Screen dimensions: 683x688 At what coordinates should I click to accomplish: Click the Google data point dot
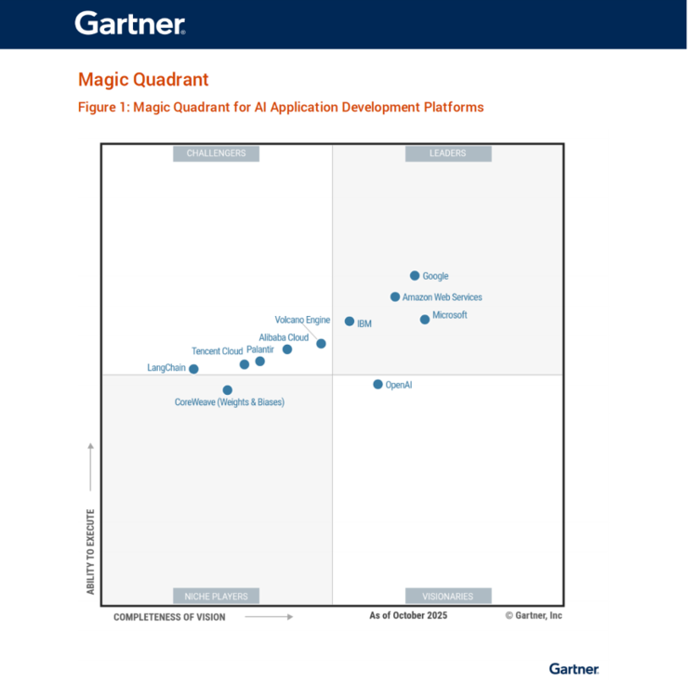coord(415,276)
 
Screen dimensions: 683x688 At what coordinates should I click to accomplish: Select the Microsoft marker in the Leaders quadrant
coord(425,320)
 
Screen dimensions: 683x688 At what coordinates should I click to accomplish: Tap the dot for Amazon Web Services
coord(395,297)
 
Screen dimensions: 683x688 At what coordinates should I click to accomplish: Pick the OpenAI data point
coord(377,385)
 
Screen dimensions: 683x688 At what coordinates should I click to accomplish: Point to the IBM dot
coord(350,322)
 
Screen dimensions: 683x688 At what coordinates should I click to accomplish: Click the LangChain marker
coord(193,369)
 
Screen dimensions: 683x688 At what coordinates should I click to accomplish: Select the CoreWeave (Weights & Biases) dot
coord(228,390)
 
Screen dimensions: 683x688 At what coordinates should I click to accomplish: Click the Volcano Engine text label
coord(302,320)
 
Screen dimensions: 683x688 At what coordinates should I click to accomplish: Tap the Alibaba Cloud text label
coord(284,337)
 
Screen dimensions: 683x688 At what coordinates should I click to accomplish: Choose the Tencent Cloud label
coord(217,351)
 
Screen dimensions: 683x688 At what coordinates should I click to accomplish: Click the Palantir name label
coord(260,349)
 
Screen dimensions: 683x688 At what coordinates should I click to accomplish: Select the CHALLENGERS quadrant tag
coord(216,153)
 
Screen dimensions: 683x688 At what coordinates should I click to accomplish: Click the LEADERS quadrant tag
coord(448,153)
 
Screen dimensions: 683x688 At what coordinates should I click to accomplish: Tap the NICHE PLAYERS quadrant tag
coord(216,596)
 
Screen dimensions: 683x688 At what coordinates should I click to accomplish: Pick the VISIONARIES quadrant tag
coord(448,596)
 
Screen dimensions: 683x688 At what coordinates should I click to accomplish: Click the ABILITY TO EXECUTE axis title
coord(91,552)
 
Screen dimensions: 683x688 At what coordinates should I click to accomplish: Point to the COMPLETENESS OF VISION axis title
coord(169,617)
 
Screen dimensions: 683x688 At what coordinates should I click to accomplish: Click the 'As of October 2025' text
coord(408,615)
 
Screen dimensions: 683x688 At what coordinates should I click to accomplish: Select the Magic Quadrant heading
coord(143,79)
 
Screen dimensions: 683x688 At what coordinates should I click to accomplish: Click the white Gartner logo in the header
coord(130,23)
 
